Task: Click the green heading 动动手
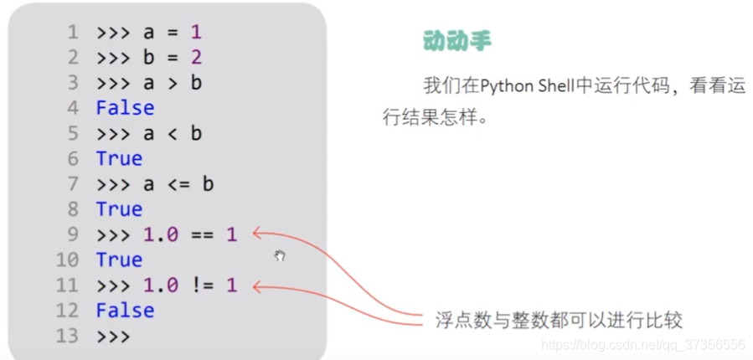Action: [456, 41]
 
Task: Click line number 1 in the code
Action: [72, 33]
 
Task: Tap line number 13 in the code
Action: [67, 336]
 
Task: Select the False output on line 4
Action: [125, 108]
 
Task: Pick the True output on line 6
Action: [119, 158]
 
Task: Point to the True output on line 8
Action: [119, 208]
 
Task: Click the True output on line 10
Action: [119, 260]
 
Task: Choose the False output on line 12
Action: [125, 311]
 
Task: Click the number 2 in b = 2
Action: [195, 58]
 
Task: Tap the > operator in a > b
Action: [171, 83]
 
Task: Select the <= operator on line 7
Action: [177, 184]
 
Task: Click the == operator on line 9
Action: [201, 235]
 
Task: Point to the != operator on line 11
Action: [201, 285]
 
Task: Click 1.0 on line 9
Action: [160, 235]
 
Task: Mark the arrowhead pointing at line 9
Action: [255, 234]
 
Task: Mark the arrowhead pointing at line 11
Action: [255, 286]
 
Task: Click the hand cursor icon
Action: [280, 256]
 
